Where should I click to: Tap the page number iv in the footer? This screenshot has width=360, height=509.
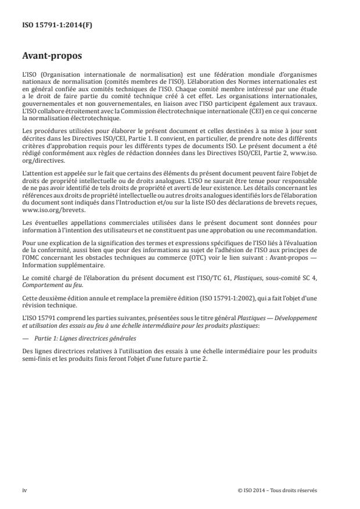pos(24,490)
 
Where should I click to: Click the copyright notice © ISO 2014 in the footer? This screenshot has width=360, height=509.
pos(278,490)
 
